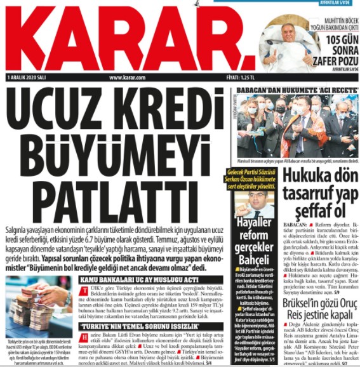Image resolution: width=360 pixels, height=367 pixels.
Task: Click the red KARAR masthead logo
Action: point(121,38)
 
